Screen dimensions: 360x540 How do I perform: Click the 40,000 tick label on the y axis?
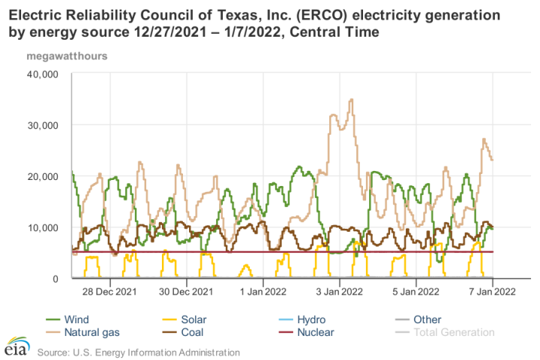pos(43,73)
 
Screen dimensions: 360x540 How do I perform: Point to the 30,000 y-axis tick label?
pos(43,124)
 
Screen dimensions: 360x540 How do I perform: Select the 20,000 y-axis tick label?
pos(43,175)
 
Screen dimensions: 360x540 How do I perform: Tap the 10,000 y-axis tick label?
pos(43,227)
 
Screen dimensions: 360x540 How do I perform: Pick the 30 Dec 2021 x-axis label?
pos(182,290)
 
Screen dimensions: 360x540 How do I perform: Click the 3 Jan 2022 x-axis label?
pos(340,290)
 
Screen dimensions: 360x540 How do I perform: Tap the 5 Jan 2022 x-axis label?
pos(416,290)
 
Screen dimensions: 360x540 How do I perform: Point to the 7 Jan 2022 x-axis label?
pos(492,290)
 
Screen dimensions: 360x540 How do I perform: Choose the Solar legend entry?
pos(191,319)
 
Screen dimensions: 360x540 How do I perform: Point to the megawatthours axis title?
pos(67,55)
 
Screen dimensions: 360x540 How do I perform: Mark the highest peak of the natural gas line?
pos(351,99)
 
